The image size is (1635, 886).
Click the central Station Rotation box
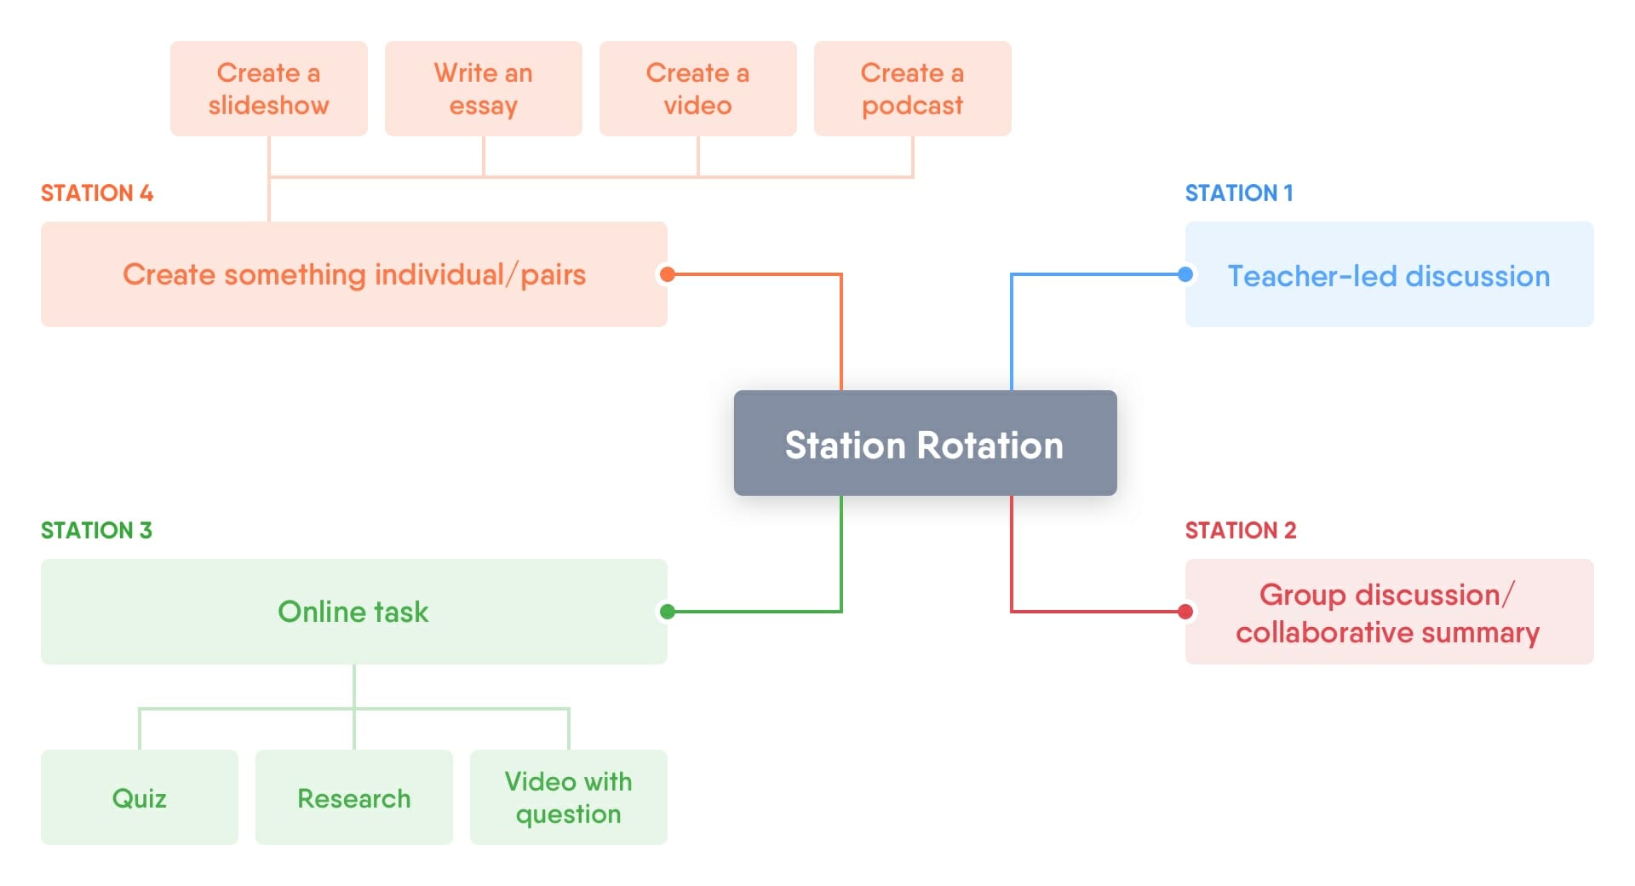click(x=925, y=443)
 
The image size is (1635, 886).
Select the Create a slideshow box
click(x=268, y=89)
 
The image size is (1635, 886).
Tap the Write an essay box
click(x=483, y=89)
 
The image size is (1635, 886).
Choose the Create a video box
click(x=697, y=89)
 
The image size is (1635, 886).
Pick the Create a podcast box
click(x=912, y=89)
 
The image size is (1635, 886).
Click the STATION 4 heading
click(x=97, y=193)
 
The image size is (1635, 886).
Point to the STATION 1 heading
click(x=1239, y=193)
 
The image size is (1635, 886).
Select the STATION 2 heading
click(x=1241, y=531)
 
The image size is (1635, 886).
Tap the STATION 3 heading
click(x=96, y=531)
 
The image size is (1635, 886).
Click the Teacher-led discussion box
click(x=1389, y=274)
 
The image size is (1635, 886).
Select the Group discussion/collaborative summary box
click(x=1389, y=612)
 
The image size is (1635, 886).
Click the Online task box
click(x=353, y=612)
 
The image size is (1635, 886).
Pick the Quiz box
click(x=139, y=797)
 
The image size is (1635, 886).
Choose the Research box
click(x=353, y=797)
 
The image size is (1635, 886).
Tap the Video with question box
click(x=568, y=797)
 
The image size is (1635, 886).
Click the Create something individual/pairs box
click(x=353, y=274)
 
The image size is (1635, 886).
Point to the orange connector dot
click(x=668, y=274)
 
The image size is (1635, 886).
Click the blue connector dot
click(x=1185, y=274)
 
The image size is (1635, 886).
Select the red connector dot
click(x=1185, y=612)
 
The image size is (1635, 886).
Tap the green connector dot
click(x=668, y=612)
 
